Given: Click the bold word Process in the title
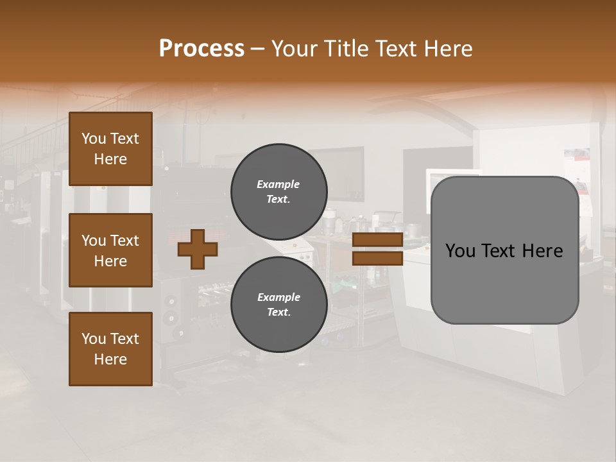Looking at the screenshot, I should click(201, 49).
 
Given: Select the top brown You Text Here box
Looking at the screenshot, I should click(110, 149).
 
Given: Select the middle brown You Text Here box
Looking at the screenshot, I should click(110, 250).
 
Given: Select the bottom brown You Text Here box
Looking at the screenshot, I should click(110, 348).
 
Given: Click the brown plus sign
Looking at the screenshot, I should click(198, 249).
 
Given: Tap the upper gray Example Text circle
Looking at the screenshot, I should click(278, 191).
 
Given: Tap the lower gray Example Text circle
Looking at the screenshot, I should click(278, 304).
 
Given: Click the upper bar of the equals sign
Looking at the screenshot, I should click(377, 240).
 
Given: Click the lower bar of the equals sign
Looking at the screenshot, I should click(377, 258).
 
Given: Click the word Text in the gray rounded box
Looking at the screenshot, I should click(506, 251).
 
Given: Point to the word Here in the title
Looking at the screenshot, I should click(447, 49).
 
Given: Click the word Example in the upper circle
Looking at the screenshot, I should click(278, 184).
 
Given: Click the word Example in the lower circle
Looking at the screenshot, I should click(278, 297).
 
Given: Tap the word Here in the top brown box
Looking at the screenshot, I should click(110, 159).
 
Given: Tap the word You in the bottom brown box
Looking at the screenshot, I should click(94, 338).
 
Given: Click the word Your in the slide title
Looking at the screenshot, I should click(292, 49).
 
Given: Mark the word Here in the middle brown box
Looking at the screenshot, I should click(110, 261).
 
